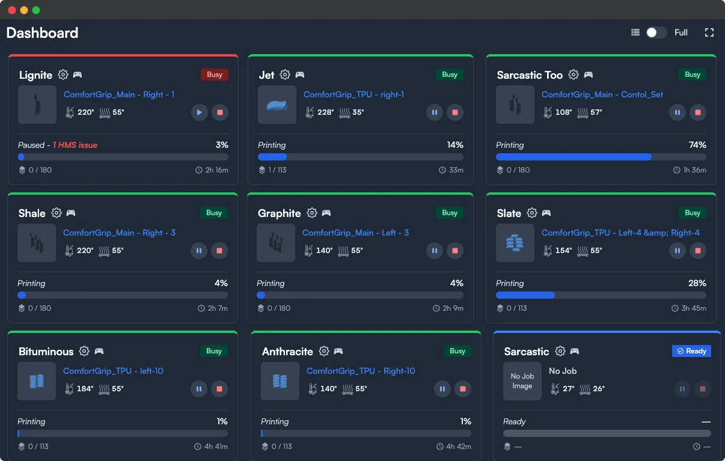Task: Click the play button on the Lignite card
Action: (x=200, y=112)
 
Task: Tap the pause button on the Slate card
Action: (x=678, y=251)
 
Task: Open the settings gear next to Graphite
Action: (x=312, y=213)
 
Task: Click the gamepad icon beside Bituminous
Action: (x=99, y=351)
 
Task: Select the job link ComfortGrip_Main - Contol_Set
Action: (x=602, y=94)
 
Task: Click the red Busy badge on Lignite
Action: (x=215, y=75)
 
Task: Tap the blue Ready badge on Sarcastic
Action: (x=691, y=351)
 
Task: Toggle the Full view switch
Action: (x=656, y=32)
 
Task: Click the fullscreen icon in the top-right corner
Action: (x=709, y=32)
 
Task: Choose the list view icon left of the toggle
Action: (x=635, y=32)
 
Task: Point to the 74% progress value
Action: (x=697, y=145)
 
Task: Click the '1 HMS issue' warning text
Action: (x=75, y=145)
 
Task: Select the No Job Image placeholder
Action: (x=522, y=381)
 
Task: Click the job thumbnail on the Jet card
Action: (x=277, y=105)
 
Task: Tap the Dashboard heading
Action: (x=42, y=33)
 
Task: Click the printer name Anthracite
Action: (x=287, y=352)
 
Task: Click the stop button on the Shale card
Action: (x=219, y=251)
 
